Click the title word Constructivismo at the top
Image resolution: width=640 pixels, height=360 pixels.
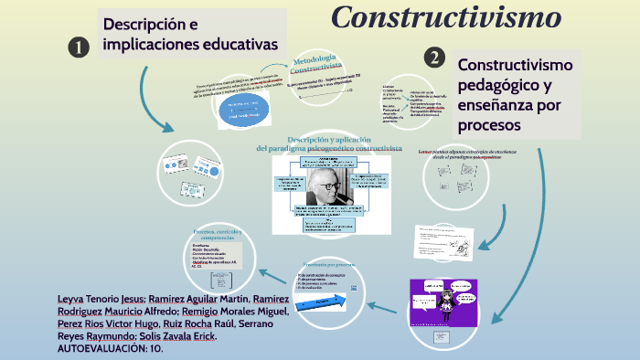pos(445,16)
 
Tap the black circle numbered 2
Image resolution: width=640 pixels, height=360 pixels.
pos(434,58)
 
